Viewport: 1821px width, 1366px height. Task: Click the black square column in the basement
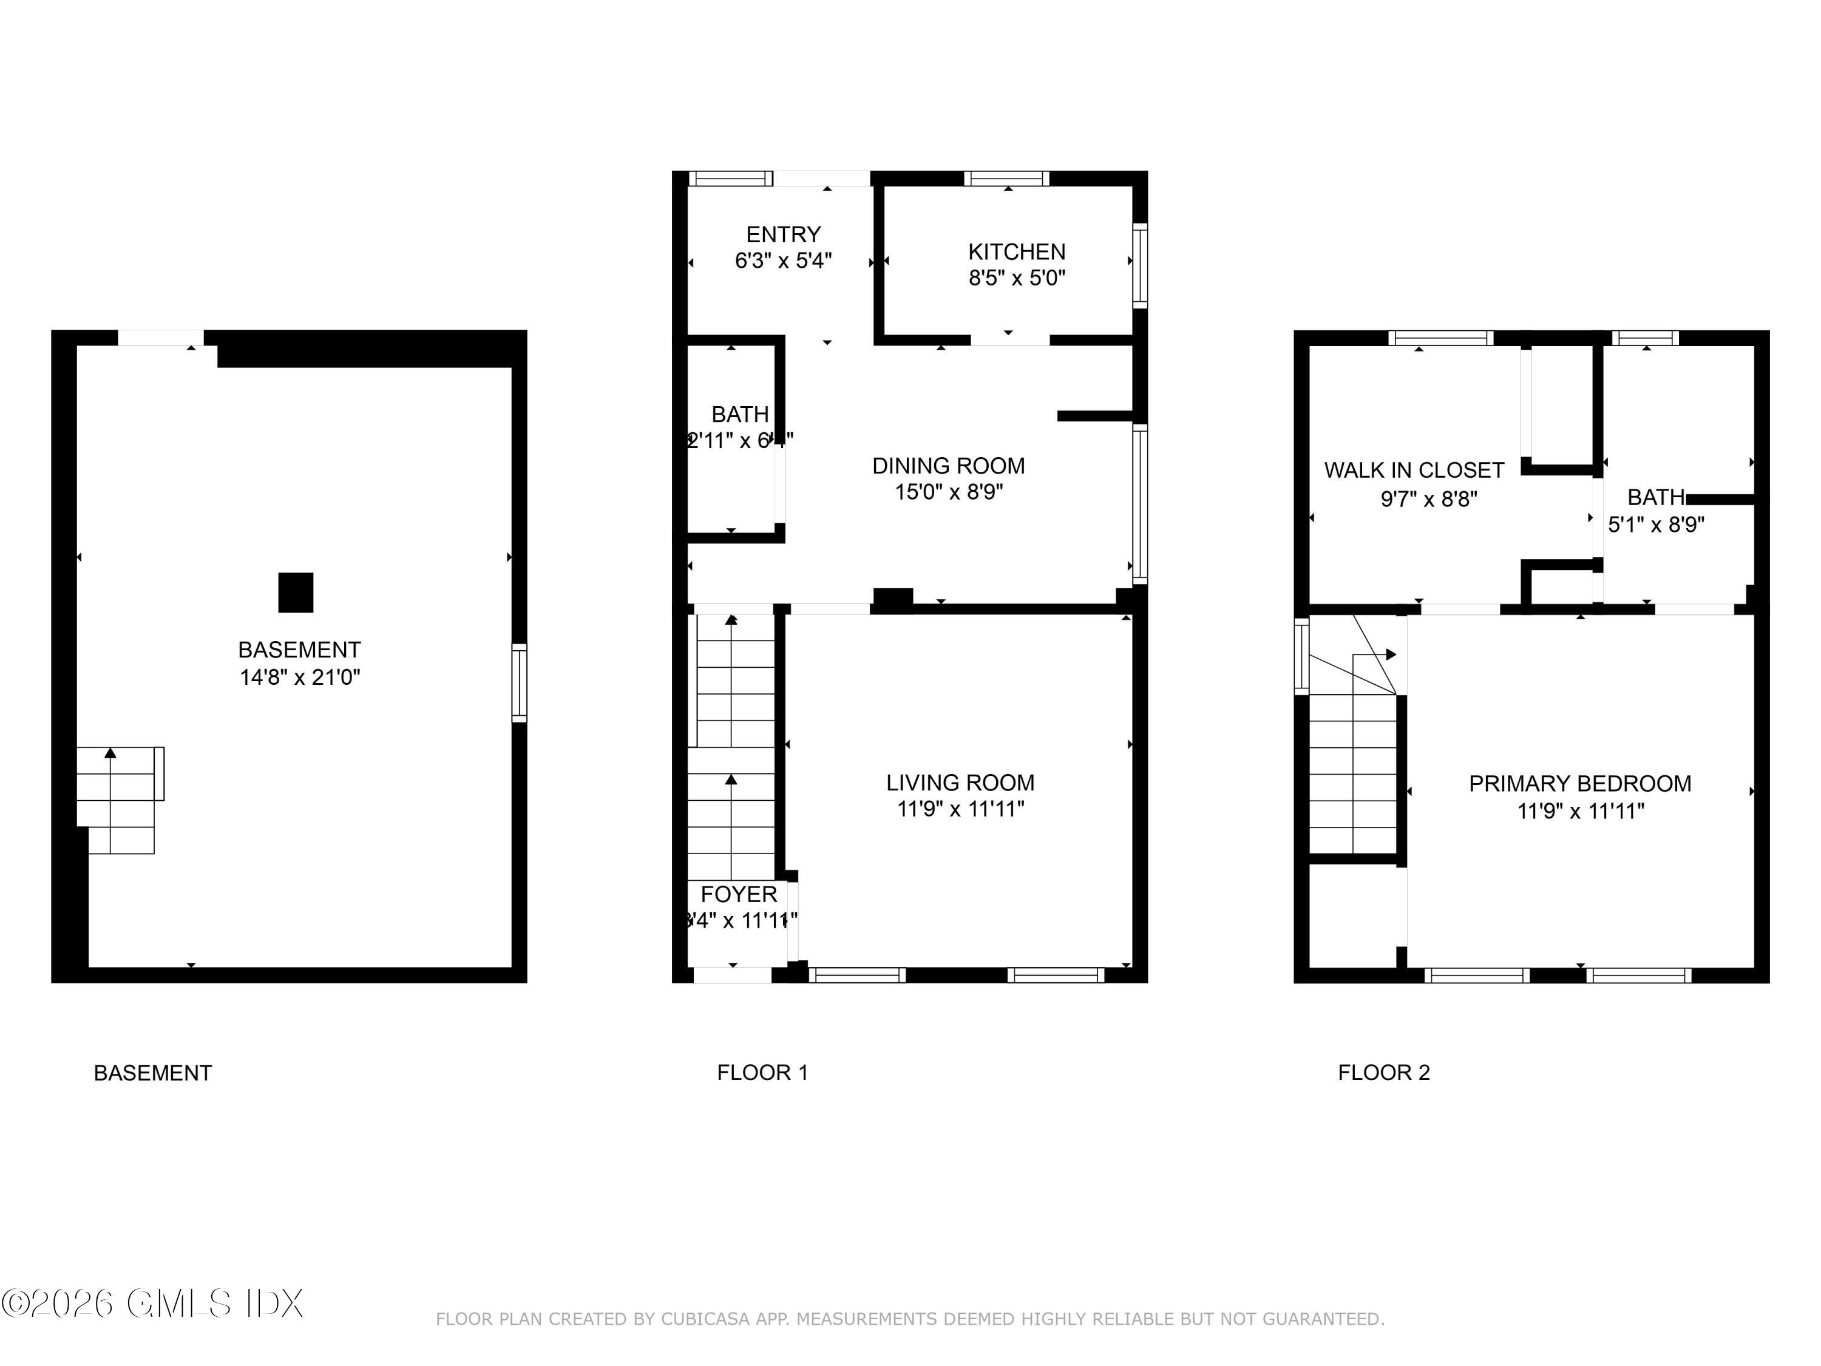tap(296, 592)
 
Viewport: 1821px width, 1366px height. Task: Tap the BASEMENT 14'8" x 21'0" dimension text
tap(300, 677)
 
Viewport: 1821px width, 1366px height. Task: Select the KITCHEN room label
tap(1017, 251)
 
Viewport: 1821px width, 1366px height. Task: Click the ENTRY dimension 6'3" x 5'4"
tap(783, 261)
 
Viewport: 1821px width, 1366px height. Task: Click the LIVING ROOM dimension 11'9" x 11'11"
tap(960, 809)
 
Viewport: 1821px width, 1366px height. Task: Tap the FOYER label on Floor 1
tap(739, 894)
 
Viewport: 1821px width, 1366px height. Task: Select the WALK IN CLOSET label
tap(1414, 470)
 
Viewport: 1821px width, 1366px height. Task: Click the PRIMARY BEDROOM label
tap(1580, 783)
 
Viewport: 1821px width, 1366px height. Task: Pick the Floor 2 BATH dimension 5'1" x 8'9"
tap(1655, 525)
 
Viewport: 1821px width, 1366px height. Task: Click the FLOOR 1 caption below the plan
tap(762, 1072)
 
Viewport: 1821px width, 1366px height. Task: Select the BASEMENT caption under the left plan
tap(152, 1072)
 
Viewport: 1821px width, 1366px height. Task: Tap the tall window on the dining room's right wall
tap(1139, 503)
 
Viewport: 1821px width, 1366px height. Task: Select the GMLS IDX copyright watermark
tap(152, 1303)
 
